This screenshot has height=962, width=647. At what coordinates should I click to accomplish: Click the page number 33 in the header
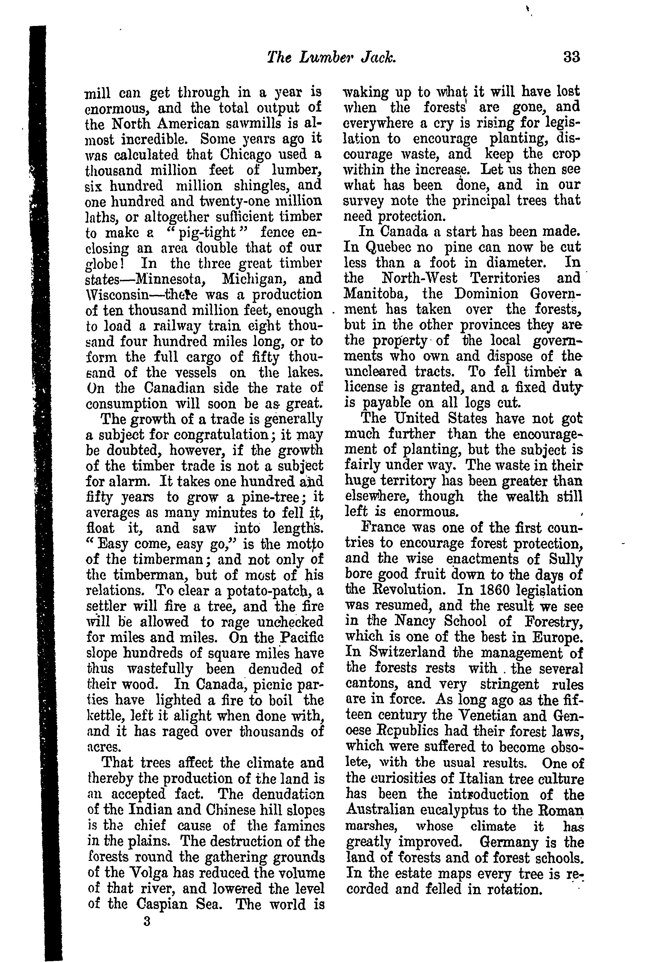[572, 57]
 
